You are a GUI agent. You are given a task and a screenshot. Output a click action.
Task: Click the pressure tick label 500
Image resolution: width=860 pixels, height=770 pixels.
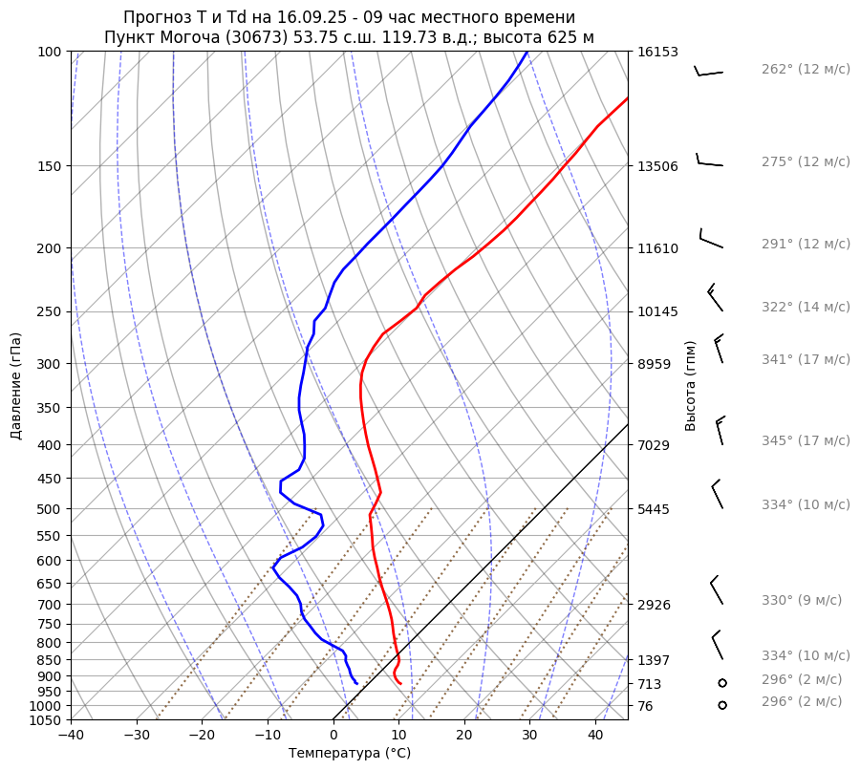pos(50,508)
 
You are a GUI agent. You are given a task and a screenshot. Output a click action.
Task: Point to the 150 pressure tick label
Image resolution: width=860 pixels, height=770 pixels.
pos(50,166)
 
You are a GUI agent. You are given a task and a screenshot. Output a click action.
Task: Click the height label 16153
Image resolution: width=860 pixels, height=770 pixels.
pos(657,52)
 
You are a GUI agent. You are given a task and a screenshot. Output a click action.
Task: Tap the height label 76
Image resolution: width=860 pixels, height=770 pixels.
pos(647,706)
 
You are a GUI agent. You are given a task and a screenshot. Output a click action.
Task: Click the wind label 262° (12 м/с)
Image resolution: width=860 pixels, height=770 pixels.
pos(806,70)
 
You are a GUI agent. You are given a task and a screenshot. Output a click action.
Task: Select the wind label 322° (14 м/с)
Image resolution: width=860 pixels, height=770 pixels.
pos(806,307)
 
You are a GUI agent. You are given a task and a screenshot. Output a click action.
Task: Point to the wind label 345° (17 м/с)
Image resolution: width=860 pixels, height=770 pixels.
pos(806,440)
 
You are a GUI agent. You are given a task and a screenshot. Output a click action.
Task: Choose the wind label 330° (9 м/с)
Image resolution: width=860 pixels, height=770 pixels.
pos(802,600)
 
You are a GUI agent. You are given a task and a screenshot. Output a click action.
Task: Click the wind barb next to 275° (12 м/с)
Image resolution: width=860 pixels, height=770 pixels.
pos(709,161)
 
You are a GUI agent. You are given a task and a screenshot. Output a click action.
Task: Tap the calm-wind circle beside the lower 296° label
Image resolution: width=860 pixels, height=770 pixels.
pos(722,705)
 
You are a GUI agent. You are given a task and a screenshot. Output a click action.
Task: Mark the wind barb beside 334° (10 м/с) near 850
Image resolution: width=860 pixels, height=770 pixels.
pos(717,645)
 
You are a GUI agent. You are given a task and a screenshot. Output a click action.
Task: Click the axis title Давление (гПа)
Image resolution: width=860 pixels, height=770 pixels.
pos(16,385)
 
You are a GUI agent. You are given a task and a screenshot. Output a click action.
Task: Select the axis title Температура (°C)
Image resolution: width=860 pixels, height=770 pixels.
pos(350,754)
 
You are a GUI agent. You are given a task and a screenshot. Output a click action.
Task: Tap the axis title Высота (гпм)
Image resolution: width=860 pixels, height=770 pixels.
pos(690,385)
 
